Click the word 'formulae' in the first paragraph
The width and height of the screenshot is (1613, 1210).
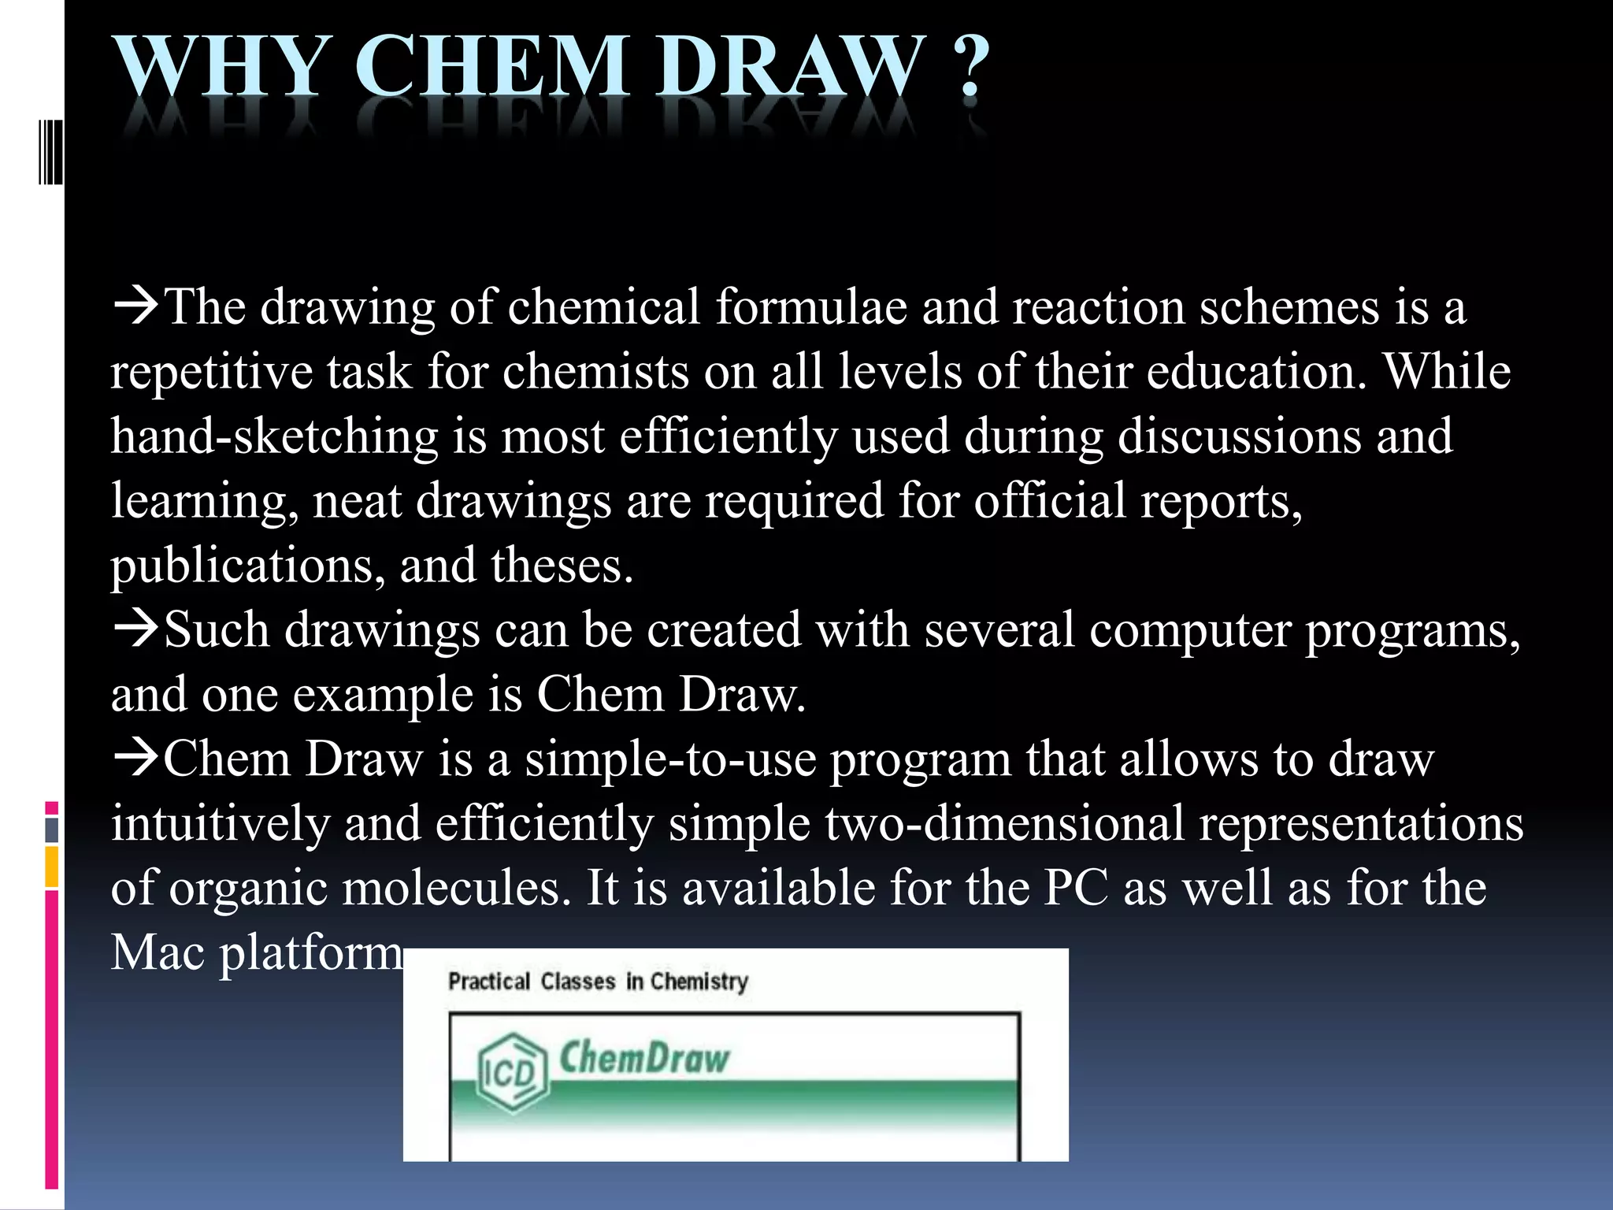[x=810, y=306]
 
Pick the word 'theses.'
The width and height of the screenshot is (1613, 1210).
[x=562, y=566]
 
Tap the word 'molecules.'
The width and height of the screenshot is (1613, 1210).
[x=457, y=889]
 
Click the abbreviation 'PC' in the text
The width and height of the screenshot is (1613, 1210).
[x=1076, y=889]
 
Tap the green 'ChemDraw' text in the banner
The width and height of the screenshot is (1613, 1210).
[x=644, y=1057]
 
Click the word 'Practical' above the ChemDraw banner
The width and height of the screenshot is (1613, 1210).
[x=489, y=982]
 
